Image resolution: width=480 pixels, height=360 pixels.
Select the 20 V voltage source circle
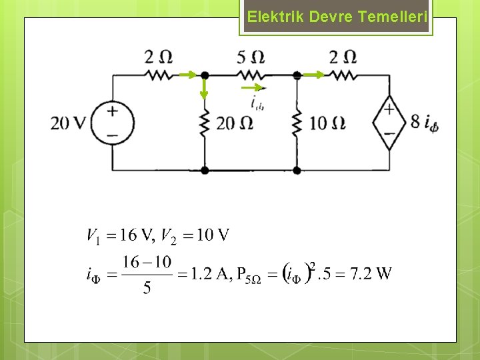point(112,123)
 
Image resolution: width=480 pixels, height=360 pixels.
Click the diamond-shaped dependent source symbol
point(389,123)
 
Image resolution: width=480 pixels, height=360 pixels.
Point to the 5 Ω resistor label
point(251,57)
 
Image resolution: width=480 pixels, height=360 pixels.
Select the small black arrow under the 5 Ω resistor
point(253,87)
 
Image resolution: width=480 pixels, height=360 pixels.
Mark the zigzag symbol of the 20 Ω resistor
point(205,123)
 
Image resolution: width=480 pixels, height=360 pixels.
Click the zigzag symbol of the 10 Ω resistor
point(297,123)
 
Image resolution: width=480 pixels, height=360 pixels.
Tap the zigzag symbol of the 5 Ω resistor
point(251,75)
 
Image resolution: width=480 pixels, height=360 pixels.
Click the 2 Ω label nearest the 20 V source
point(159,57)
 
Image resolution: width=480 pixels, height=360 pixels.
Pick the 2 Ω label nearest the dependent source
point(343,57)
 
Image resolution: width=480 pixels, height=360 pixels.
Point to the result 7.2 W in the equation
point(375,273)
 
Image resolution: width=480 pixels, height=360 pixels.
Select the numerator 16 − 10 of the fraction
point(147,262)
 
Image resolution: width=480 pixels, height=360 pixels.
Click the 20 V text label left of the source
point(69,123)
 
